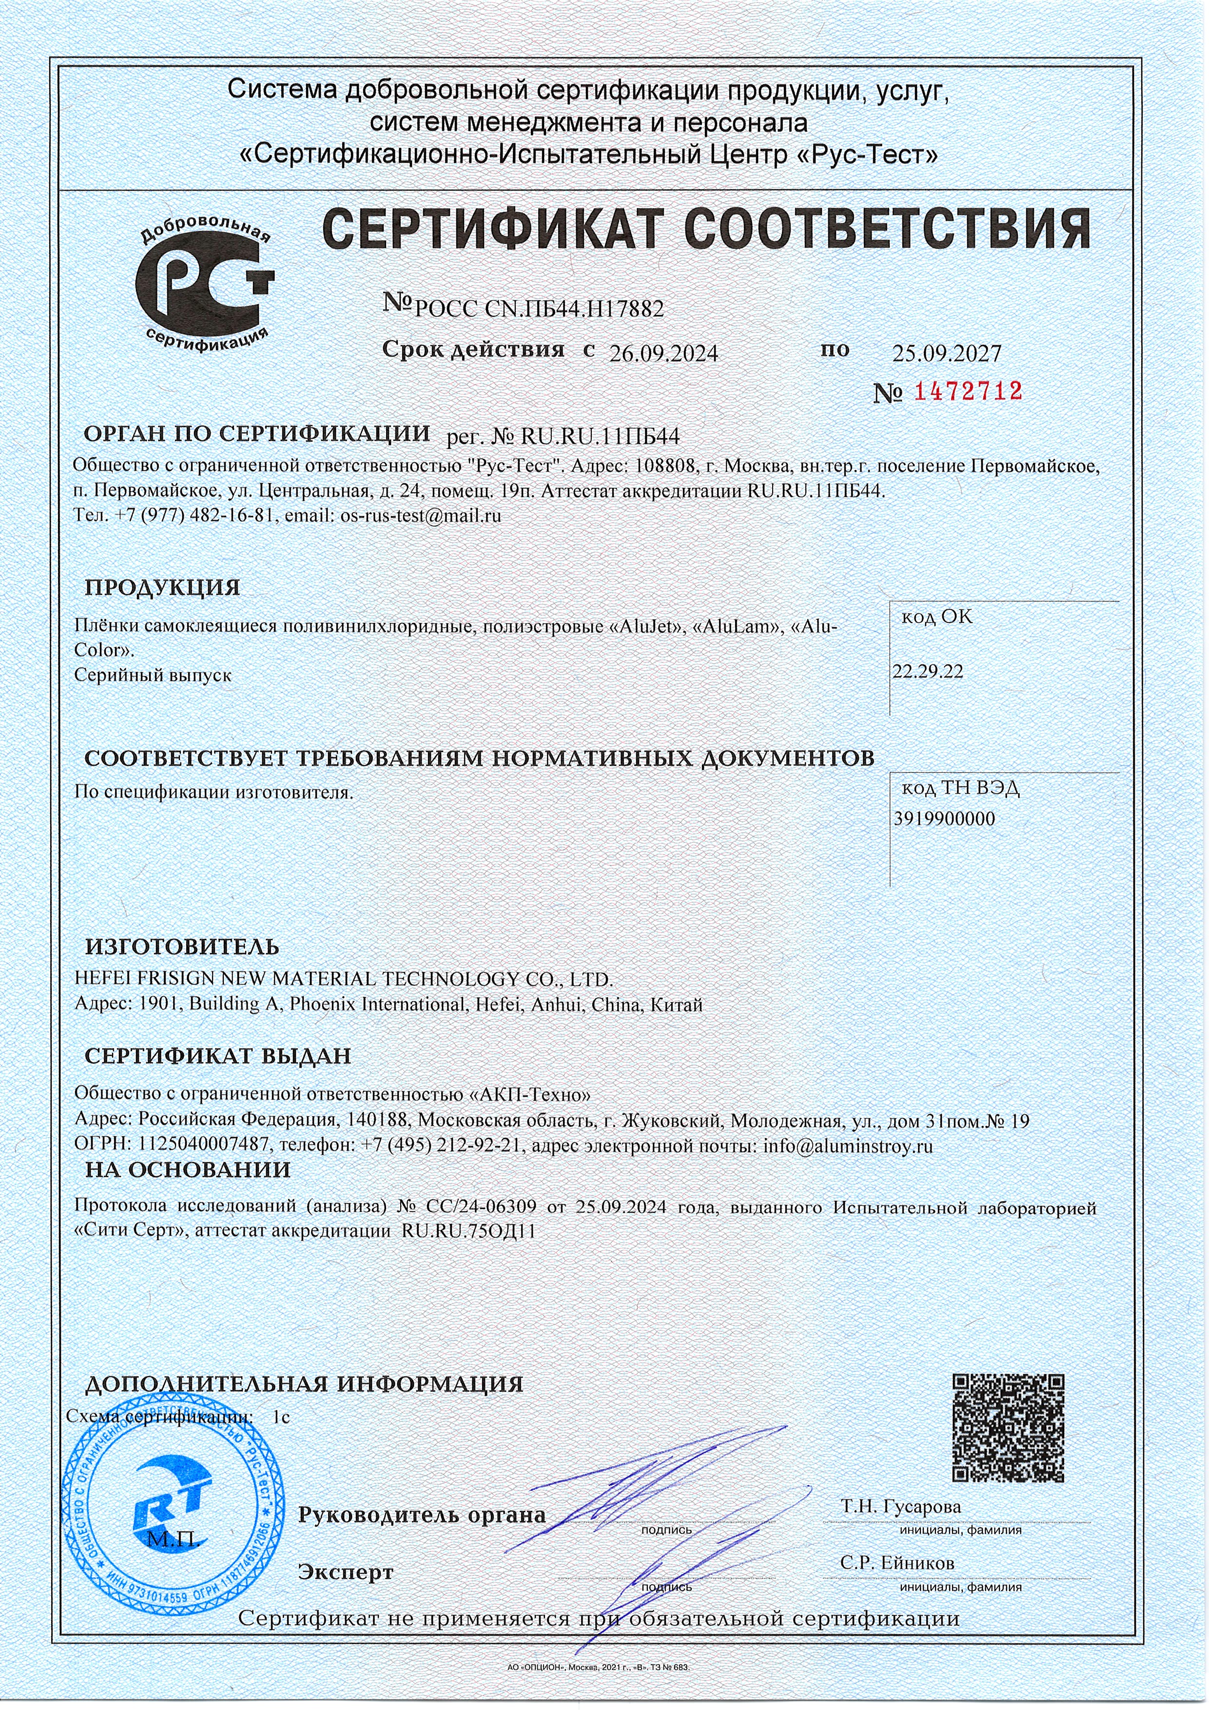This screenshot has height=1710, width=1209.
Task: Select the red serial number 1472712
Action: click(x=968, y=391)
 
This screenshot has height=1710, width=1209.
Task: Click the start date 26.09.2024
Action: click(x=663, y=354)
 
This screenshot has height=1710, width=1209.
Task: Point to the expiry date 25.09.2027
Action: click(x=947, y=353)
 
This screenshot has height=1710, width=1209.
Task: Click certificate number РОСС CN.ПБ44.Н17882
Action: click(x=538, y=309)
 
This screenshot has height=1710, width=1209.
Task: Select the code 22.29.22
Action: click(x=928, y=672)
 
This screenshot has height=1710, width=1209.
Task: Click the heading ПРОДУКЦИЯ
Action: click(x=162, y=587)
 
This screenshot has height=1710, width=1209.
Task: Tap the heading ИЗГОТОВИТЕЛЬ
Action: click(x=182, y=947)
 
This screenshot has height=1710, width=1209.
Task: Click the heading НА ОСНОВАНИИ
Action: click(x=188, y=1170)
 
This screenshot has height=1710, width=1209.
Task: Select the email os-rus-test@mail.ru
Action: click(x=420, y=515)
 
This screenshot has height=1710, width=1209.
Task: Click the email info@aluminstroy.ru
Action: click(x=848, y=1146)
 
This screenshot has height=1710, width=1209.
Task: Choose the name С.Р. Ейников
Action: click(x=897, y=1563)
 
